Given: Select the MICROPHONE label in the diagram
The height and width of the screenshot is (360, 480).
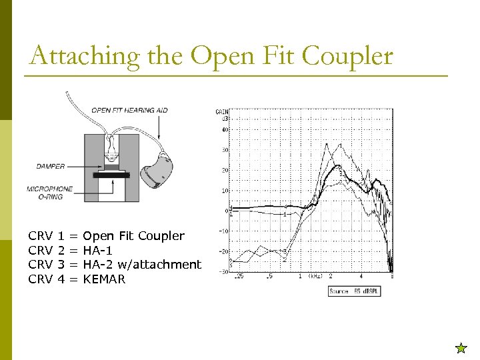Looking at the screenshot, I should point(50,189).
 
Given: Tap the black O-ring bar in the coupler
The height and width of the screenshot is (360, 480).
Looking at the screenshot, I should point(112,175).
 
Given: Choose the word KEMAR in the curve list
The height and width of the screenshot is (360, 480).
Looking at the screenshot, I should point(104,279).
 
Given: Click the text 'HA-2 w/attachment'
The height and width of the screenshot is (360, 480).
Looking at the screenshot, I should point(141,265).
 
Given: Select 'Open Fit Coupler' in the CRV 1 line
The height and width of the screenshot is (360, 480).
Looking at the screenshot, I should point(133,235).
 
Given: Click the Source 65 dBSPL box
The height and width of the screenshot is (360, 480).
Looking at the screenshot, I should point(354,291).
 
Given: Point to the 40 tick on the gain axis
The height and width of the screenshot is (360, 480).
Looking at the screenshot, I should point(225,129).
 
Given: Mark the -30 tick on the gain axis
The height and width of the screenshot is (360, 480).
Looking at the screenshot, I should point(225,272).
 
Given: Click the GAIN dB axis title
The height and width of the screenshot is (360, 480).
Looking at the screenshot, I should point(221,115).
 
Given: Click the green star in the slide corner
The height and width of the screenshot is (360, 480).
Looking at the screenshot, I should point(460,347).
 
